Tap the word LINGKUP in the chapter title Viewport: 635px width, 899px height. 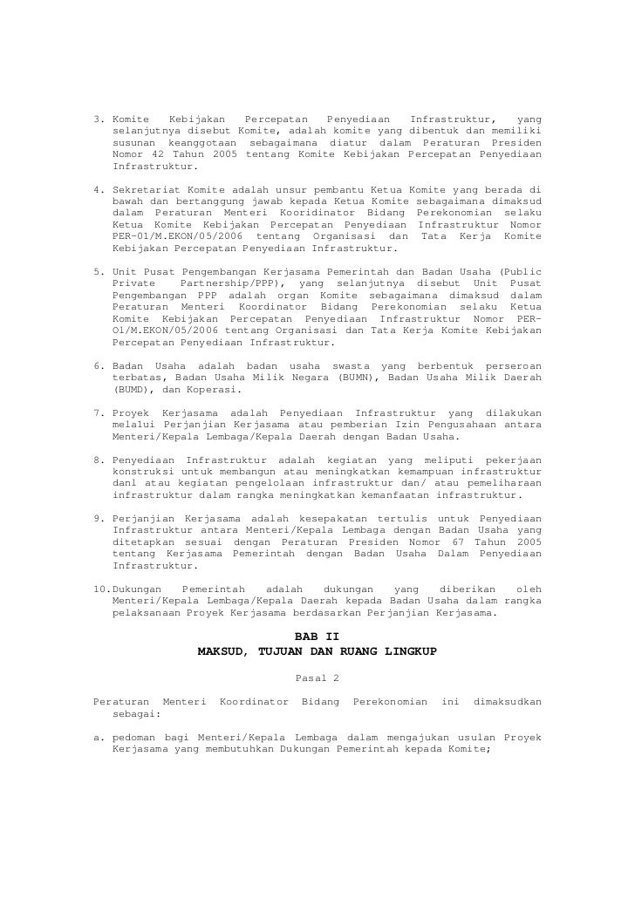408,651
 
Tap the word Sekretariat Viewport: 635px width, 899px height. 147,188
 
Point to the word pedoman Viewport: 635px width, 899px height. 138,737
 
